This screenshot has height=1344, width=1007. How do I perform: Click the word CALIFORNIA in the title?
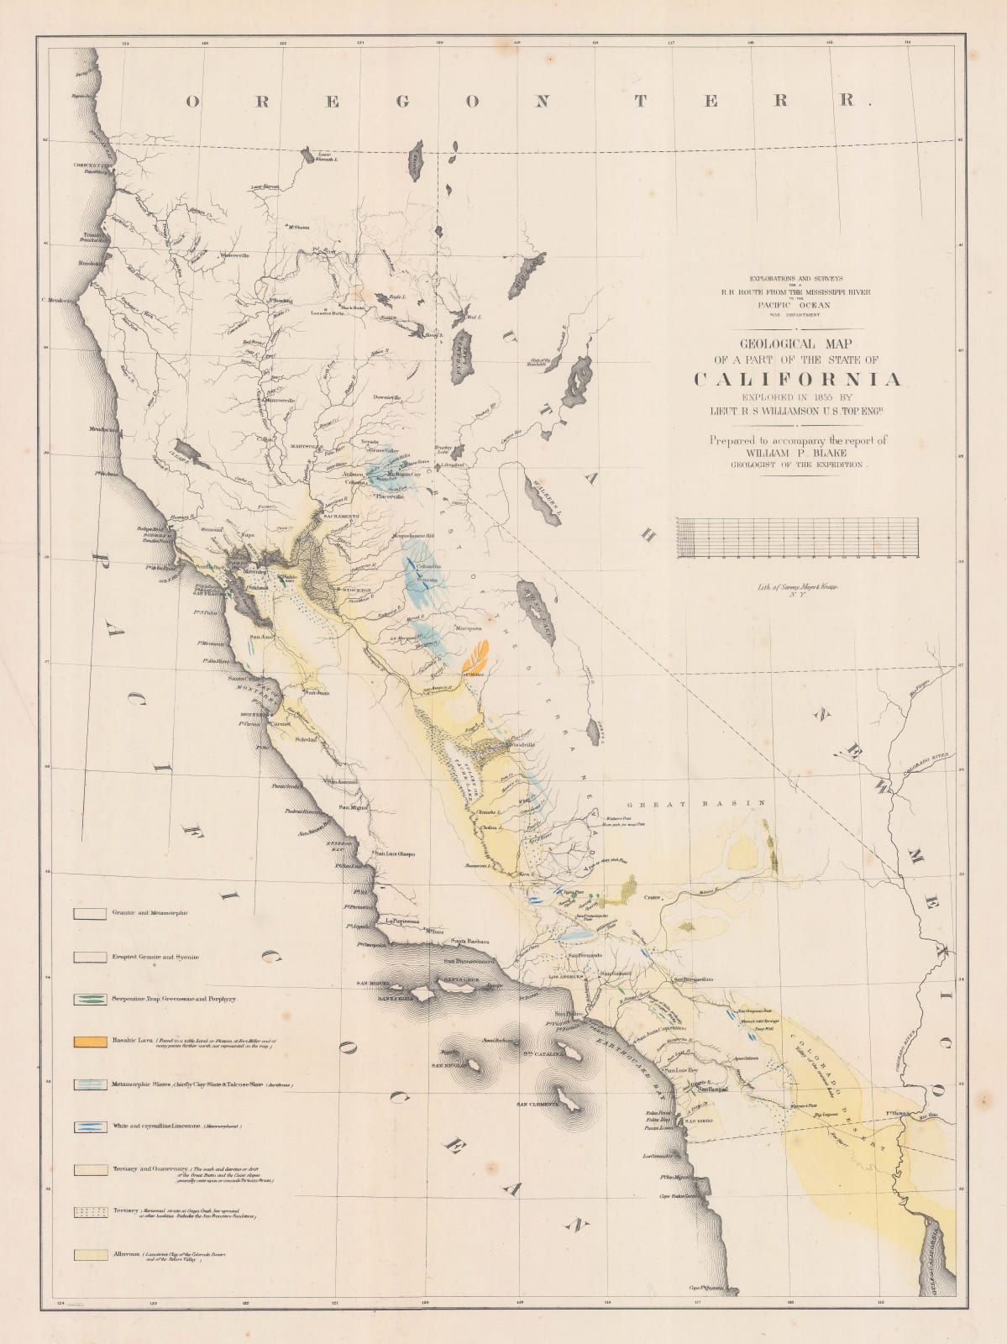click(798, 380)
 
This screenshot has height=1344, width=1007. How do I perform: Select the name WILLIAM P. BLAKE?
click(797, 452)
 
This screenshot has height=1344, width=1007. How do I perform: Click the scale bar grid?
click(796, 538)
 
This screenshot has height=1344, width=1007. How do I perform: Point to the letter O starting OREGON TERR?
click(192, 102)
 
